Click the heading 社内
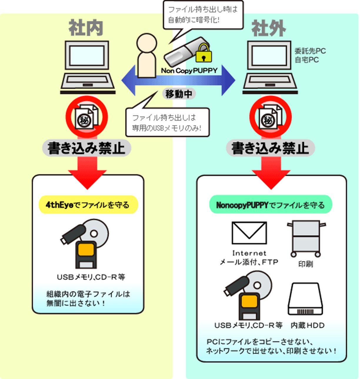click(x=86, y=28)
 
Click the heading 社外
click(x=269, y=29)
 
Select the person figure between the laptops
click(x=146, y=56)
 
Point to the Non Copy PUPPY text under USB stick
click(x=189, y=71)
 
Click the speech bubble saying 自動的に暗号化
click(x=203, y=15)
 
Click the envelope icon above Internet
click(x=249, y=233)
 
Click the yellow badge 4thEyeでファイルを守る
click(x=88, y=205)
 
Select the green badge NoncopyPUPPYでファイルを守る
click(x=270, y=205)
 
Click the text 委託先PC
click(x=310, y=51)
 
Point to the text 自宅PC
click(x=306, y=60)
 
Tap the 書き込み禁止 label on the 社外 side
click(x=270, y=148)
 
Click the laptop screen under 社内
click(x=87, y=56)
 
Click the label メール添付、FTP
click(x=249, y=262)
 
